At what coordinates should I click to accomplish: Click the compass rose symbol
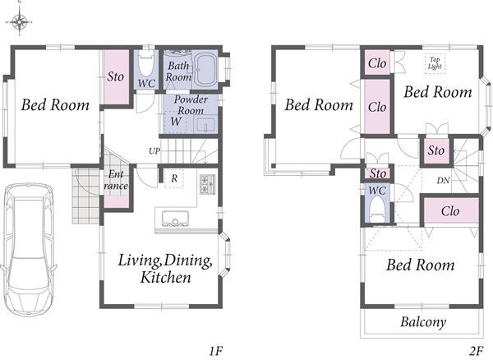[20, 21]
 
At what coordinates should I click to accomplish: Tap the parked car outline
[28, 249]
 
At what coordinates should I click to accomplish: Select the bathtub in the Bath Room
[204, 70]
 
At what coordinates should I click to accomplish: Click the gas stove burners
[207, 183]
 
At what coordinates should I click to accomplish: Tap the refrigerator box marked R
[174, 178]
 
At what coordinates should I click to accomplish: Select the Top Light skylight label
[435, 63]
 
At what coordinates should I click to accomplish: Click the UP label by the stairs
[154, 151]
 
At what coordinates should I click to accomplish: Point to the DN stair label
[443, 181]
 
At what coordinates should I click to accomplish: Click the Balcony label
[423, 322]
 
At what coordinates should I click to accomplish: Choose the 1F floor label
[216, 351]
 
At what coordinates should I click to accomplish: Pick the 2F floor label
[477, 351]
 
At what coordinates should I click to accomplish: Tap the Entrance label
[116, 180]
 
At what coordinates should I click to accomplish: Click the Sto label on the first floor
[115, 76]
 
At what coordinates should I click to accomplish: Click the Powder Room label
[191, 105]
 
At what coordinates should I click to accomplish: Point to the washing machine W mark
[176, 121]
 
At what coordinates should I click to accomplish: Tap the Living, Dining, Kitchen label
[165, 269]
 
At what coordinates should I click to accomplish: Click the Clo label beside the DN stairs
[450, 211]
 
